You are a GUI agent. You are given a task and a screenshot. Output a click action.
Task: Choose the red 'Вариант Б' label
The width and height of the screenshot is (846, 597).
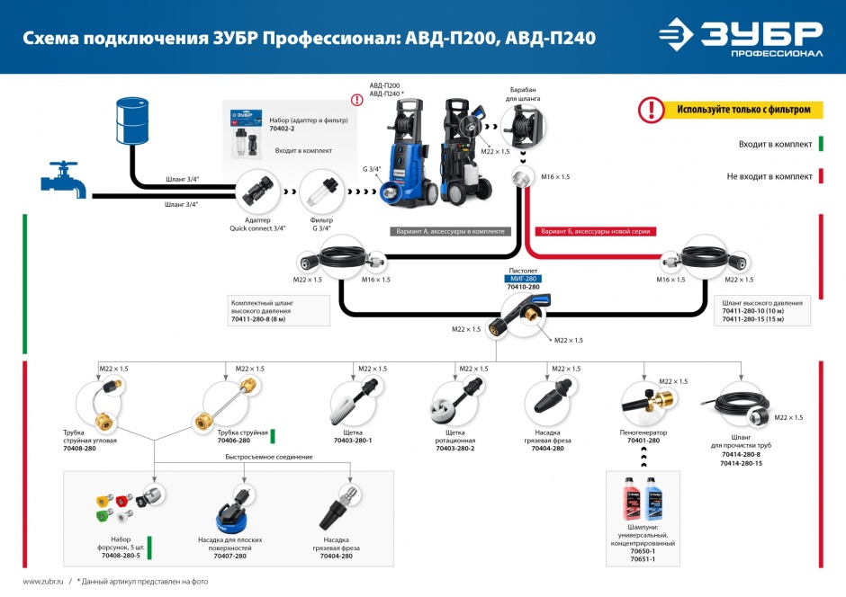click(595, 231)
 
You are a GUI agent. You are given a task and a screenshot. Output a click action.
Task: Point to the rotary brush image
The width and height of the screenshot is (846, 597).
click(454, 401)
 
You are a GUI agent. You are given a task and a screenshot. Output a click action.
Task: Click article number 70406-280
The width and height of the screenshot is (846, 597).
click(233, 441)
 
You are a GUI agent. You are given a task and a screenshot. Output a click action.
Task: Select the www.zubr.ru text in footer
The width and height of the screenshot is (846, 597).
click(41, 582)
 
